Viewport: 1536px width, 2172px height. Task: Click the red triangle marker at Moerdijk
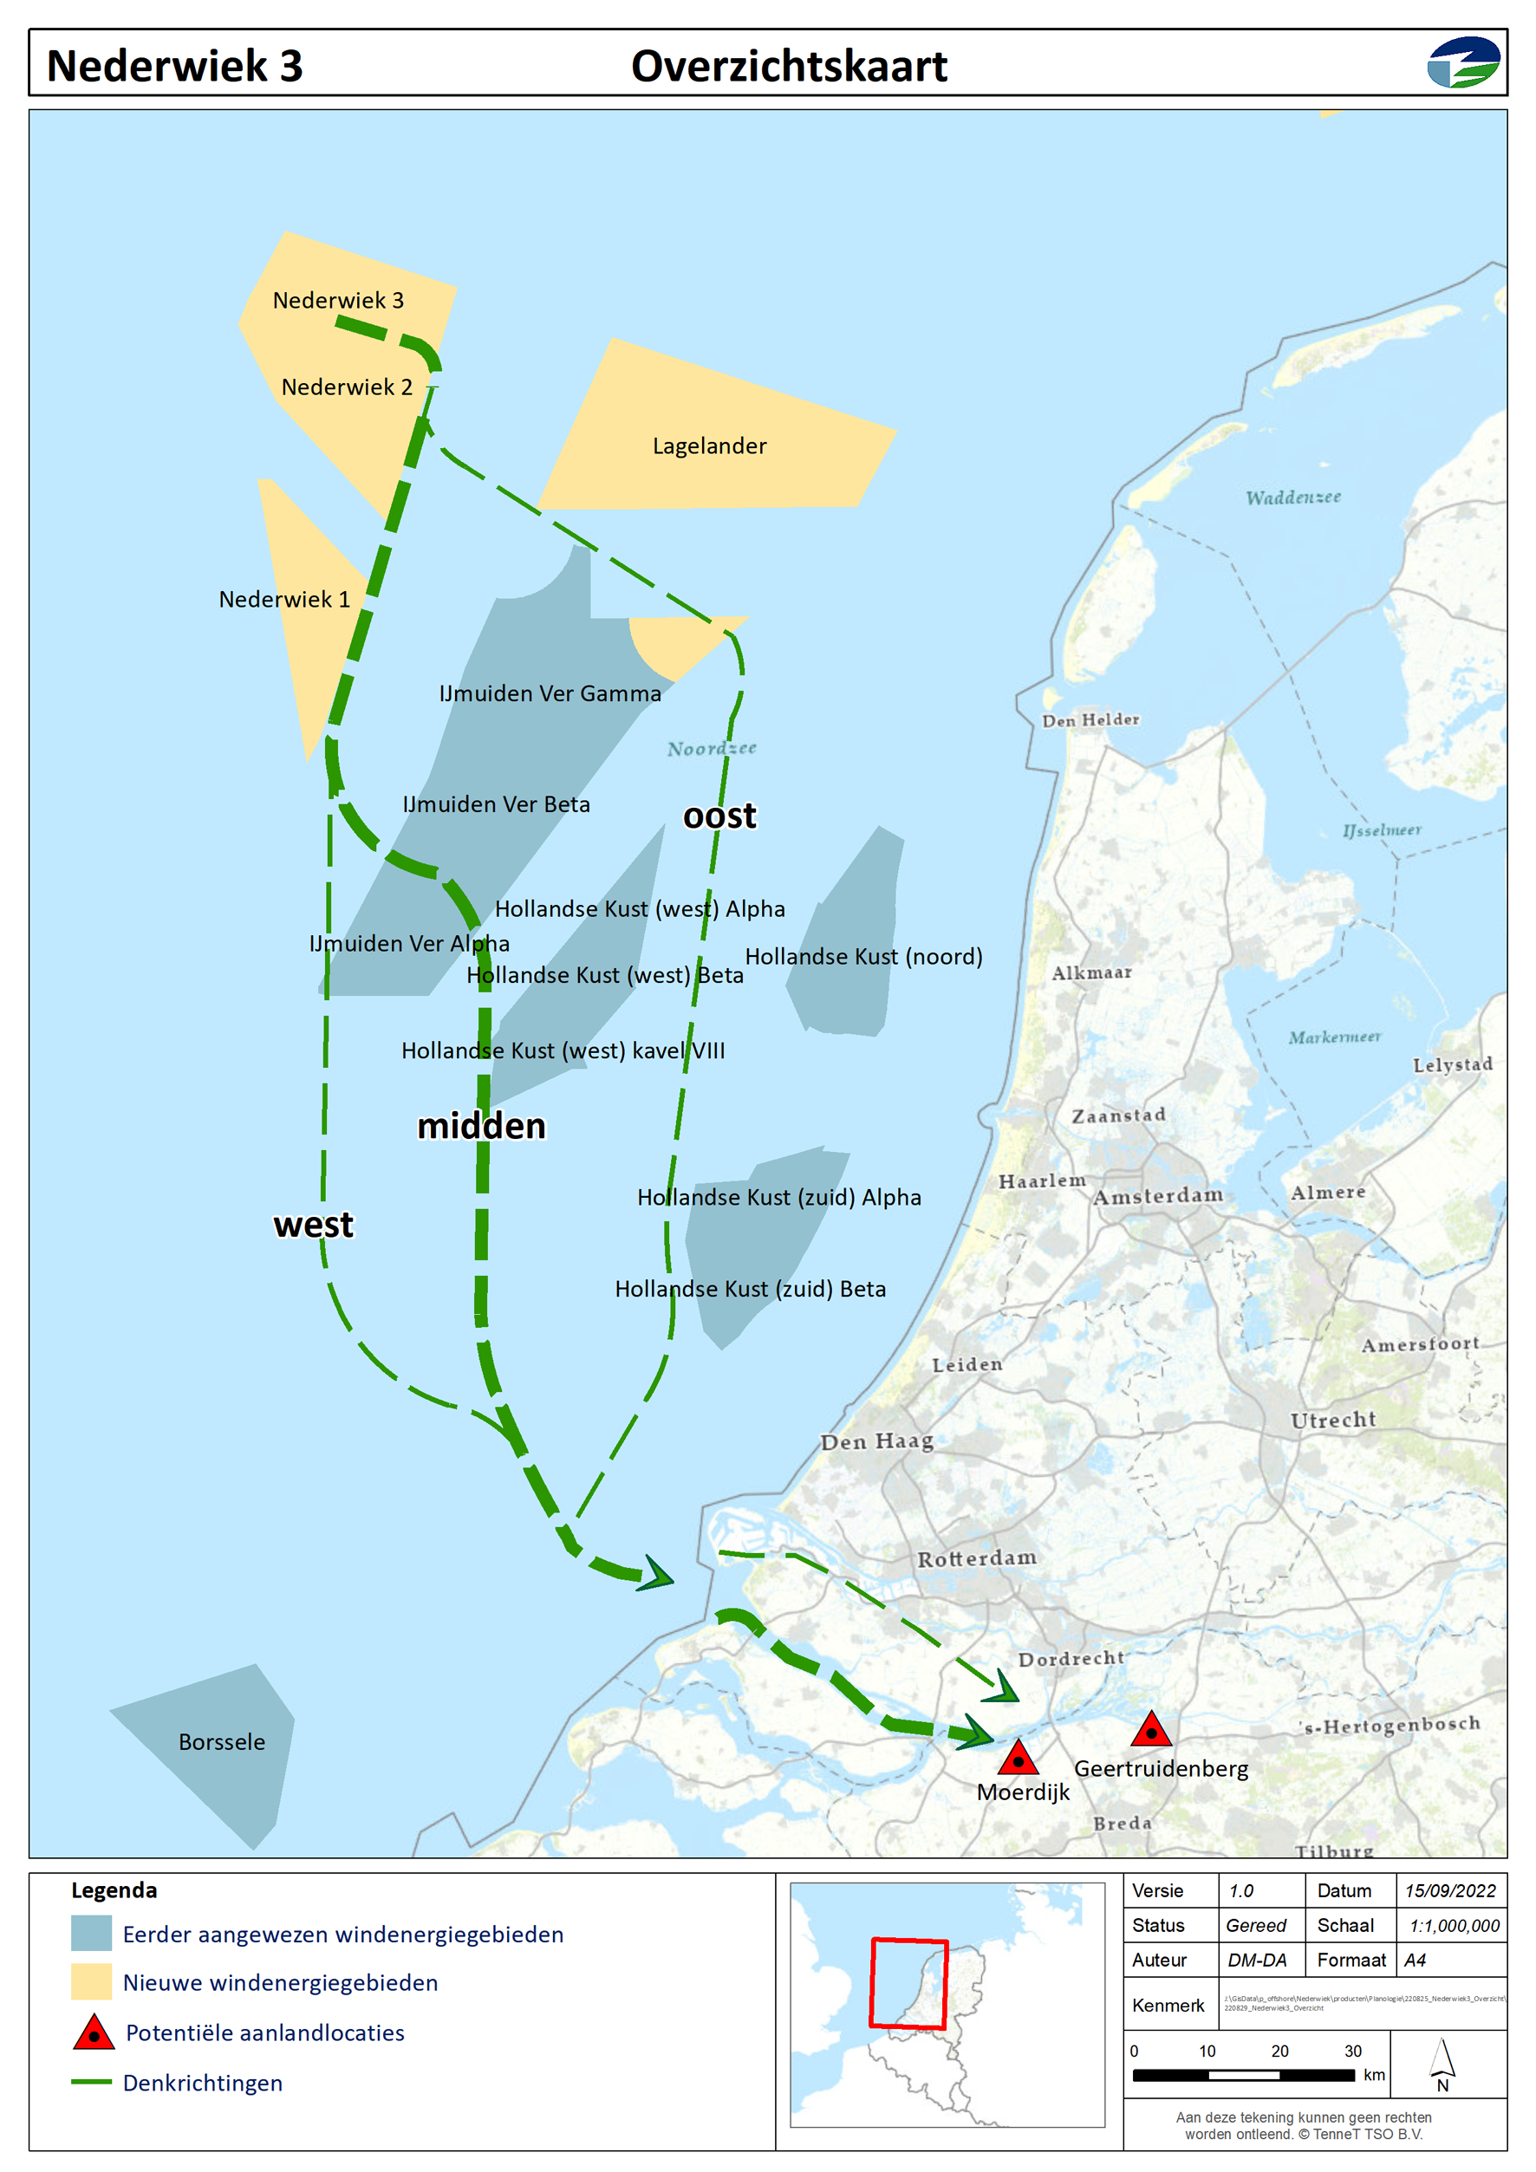point(1018,1759)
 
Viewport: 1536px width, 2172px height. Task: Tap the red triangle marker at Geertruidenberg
point(1151,1730)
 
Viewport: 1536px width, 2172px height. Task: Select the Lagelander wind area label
point(709,445)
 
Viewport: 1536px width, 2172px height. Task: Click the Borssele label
point(222,1741)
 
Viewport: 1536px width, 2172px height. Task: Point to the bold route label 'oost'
point(719,816)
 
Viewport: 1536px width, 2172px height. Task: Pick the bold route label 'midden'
point(481,1126)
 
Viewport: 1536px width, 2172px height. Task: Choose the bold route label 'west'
point(313,1224)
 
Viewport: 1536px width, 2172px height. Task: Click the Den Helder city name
point(1090,720)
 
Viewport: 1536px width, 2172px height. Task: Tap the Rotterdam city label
point(977,1558)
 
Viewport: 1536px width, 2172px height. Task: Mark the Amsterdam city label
point(1158,1196)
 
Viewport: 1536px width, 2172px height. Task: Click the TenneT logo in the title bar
point(1463,62)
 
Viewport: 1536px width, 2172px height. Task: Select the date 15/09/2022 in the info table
point(1450,1890)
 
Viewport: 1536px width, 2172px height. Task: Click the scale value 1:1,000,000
point(1454,1925)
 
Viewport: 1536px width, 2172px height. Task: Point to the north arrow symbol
point(1442,2063)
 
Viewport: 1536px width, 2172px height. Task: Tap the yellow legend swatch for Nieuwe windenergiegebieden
point(92,1982)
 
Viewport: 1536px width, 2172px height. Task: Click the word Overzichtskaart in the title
point(789,66)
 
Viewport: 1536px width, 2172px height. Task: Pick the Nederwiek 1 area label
point(284,599)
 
